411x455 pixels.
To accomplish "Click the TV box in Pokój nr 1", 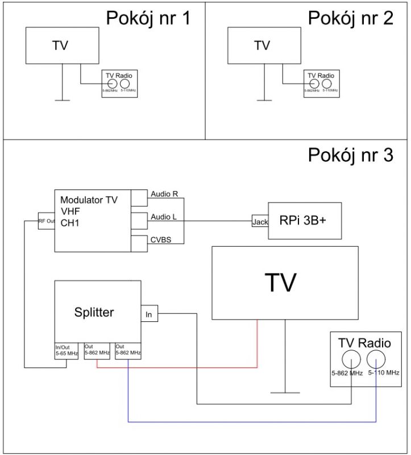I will coord(63,45).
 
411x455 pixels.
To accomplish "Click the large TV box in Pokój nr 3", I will coord(284,283).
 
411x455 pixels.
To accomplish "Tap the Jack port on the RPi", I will coord(260,222).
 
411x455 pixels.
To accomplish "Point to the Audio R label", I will coord(164,195).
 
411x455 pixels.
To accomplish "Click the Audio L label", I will coord(164,217).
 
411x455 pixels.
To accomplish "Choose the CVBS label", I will coord(161,239).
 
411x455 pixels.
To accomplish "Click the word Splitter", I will coord(94,312).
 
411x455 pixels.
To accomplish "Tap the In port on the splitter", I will coord(149,313).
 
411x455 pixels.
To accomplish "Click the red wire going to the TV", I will coord(176,367).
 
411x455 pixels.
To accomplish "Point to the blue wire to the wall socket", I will coord(250,422).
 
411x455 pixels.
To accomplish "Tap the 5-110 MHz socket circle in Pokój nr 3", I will coord(377,359).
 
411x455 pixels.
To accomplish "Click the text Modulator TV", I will coord(90,200).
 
